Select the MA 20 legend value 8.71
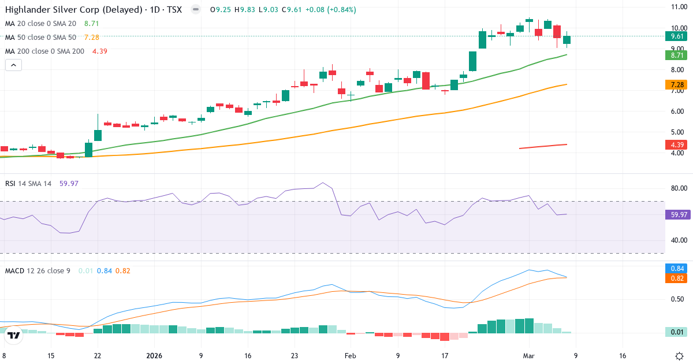click(x=91, y=24)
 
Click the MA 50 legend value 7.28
click(x=91, y=38)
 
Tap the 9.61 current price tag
click(x=675, y=36)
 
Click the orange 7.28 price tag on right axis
click(x=675, y=85)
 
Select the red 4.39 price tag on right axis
click(x=675, y=144)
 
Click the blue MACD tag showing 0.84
click(x=675, y=268)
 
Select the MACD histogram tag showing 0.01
click(x=675, y=332)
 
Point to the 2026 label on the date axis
click(x=155, y=356)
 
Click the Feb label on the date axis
click(x=351, y=356)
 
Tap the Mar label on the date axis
click(x=529, y=356)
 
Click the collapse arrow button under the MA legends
click(x=13, y=65)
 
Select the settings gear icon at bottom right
click(x=680, y=356)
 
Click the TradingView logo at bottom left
click(x=14, y=335)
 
